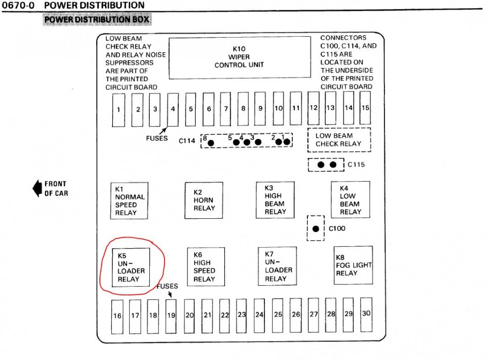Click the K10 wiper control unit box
click(240, 58)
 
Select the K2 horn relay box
click(203, 200)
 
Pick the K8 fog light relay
click(353, 265)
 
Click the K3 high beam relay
click(275, 200)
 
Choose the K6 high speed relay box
click(206, 267)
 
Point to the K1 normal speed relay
click(130, 200)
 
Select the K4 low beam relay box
click(350, 199)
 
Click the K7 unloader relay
click(277, 266)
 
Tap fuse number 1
click(119, 109)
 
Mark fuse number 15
click(366, 107)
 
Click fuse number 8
click(243, 108)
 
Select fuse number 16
click(118, 316)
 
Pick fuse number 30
click(366, 314)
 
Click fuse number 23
click(242, 315)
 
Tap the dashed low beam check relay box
click(339, 140)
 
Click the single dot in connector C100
click(316, 228)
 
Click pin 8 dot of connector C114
click(211, 143)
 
